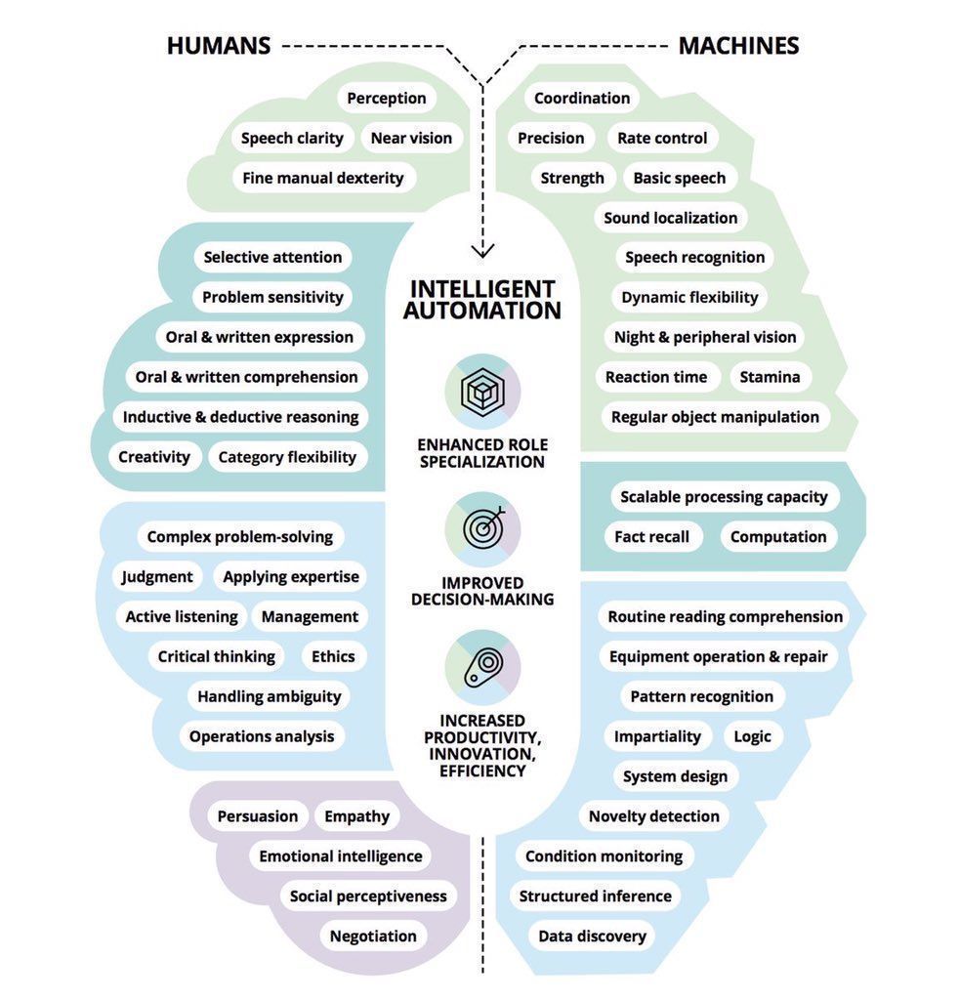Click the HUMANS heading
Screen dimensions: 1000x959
(x=218, y=46)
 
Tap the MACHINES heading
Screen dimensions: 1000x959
(x=738, y=46)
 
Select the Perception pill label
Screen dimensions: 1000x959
(x=387, y=98)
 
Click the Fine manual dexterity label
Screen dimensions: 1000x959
(x=322, y=178)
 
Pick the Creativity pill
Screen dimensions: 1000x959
(x=154, y=456)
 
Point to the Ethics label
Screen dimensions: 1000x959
(x=333, y=656)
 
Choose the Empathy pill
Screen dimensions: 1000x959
(x=356, y=816)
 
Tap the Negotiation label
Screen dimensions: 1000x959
(x=373, y=936)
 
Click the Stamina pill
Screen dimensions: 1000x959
(x=770, y=377)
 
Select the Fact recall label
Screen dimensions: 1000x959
(x=651, y=536)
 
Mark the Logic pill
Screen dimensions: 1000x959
(x=752, y=736)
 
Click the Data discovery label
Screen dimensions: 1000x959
(x=592, y=936)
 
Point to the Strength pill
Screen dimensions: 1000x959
(x=572, y=178)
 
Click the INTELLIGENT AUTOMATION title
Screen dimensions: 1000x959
(x=482, y=300)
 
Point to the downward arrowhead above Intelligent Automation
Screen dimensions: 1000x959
(x=482, y=250)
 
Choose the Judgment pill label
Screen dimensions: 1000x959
(x=157, y=576)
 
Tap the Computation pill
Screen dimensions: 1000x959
(x=778, y=536)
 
